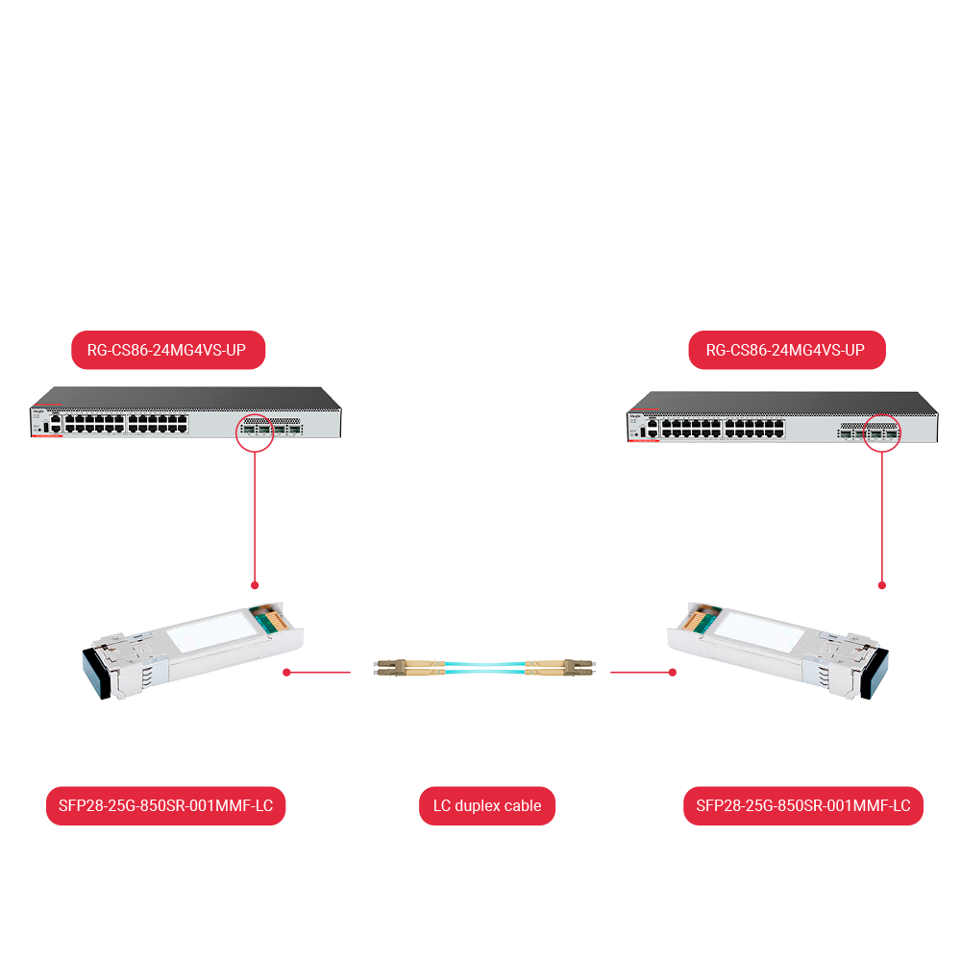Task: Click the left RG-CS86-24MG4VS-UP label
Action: [x=168, y=351]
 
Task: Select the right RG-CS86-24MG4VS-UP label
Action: [x=786, y=351]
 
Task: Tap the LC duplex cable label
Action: [x=487, y=806]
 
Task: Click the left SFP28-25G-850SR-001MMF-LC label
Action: [x=166, y=806]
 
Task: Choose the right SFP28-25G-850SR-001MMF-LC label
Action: [x=803, y=806]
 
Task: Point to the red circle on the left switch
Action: [x=255, y=432]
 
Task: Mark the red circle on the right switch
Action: [x=882, y=432]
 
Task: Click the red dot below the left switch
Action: [x=255, y=584]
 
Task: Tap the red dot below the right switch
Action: [x=882, y=584]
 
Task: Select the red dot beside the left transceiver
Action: [x=286, y=673]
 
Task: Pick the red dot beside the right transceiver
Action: [x=673, y=673]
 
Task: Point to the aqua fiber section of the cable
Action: [x=485, y=666]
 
